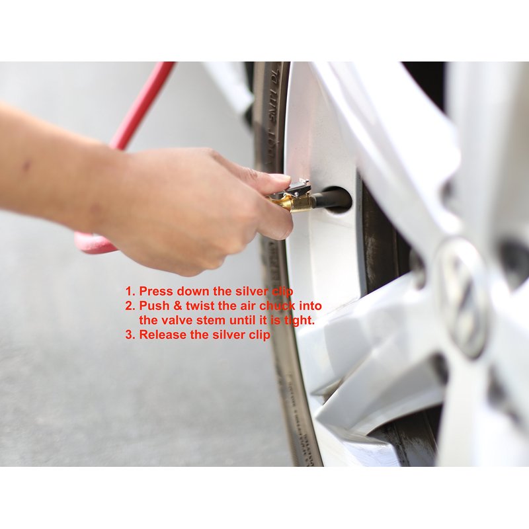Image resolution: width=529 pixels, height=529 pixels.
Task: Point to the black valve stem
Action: click(333, 200)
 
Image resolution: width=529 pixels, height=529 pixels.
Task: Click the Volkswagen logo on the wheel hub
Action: click(462, 298)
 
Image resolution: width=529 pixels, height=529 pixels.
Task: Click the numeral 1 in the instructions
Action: click(128, 291)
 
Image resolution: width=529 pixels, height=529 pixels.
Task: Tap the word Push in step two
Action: click(154, 305)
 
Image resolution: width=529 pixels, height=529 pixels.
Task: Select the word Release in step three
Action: click(163, 335)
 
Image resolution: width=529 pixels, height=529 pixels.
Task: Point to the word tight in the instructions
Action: click(298, 320)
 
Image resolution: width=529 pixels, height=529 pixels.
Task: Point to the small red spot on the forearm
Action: click(26, 166)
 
